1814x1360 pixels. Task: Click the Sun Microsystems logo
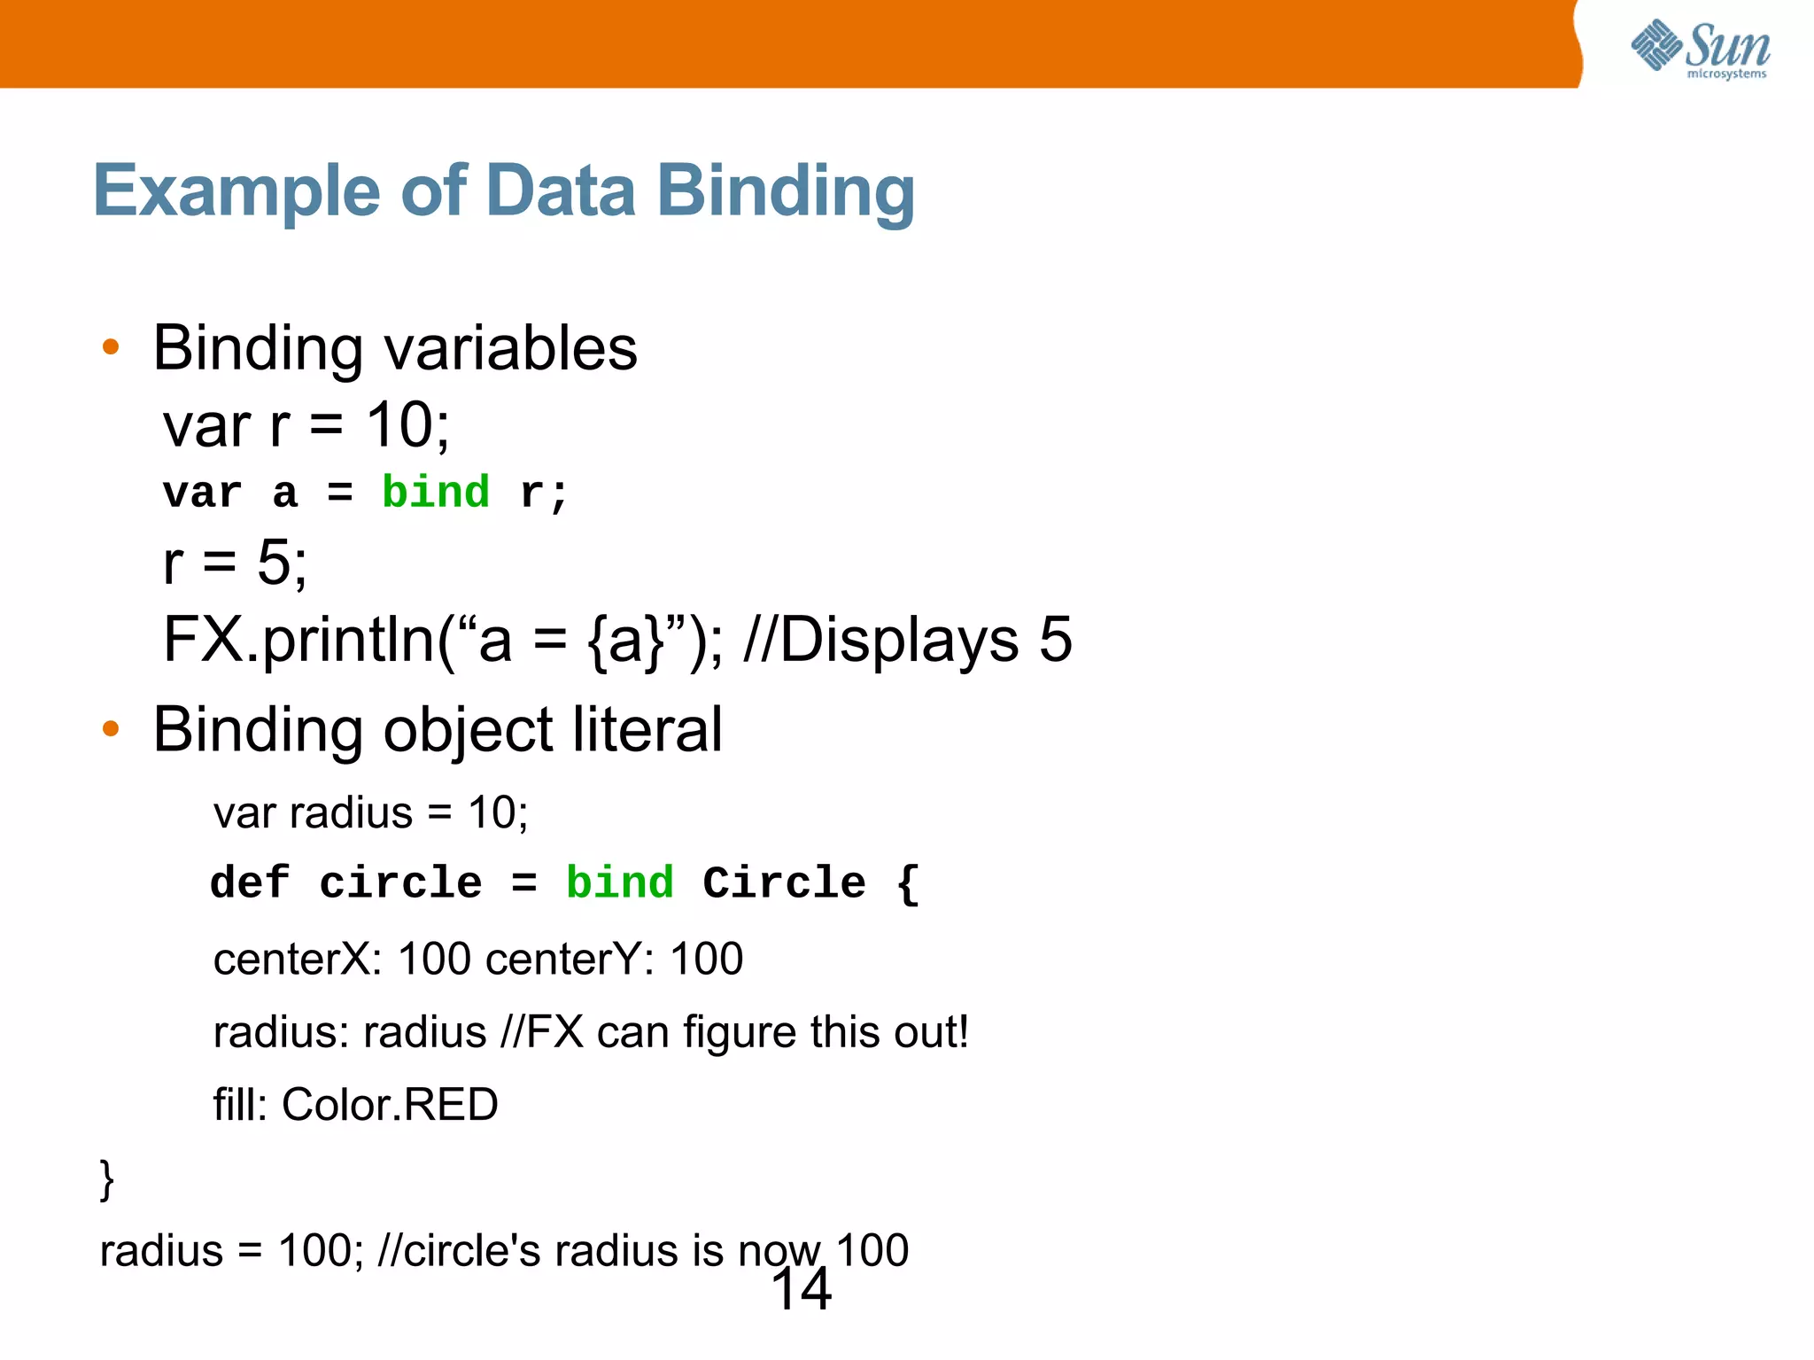click(1700, 49)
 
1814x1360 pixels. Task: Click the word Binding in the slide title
click(785, 191)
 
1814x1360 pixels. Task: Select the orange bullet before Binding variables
click(111, 346)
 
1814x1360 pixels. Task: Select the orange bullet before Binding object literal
click(111, 728)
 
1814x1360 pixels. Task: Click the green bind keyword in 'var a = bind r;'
click(435, 492)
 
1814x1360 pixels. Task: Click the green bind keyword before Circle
click(619, 882)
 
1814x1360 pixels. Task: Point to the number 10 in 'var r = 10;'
click(399, 425)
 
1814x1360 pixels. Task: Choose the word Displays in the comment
click(899, 640)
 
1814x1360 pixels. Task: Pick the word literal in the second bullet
click(647, 730)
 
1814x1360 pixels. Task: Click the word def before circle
click(249, 882)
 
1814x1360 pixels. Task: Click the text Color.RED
click(390, 1105)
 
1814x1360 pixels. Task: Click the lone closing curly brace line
click(107, 1179)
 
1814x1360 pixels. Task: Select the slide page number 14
click(802, 1289)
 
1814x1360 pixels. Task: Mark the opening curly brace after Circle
click(908, 882)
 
